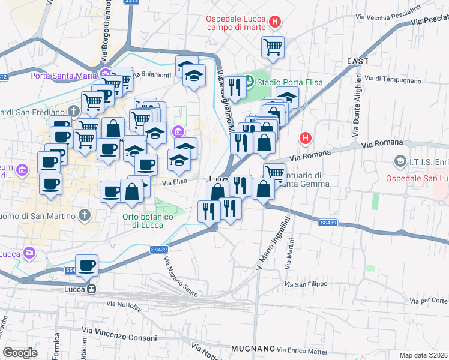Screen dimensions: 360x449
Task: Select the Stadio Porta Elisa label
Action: (290, 82)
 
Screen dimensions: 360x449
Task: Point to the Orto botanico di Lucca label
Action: (146, 221)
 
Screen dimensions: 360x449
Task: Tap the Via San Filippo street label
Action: (306, 284)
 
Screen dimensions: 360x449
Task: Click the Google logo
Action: (20, 352)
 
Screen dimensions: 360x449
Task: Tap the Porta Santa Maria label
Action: (64, 76)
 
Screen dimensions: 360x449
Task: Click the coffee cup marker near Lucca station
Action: (87, 265)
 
